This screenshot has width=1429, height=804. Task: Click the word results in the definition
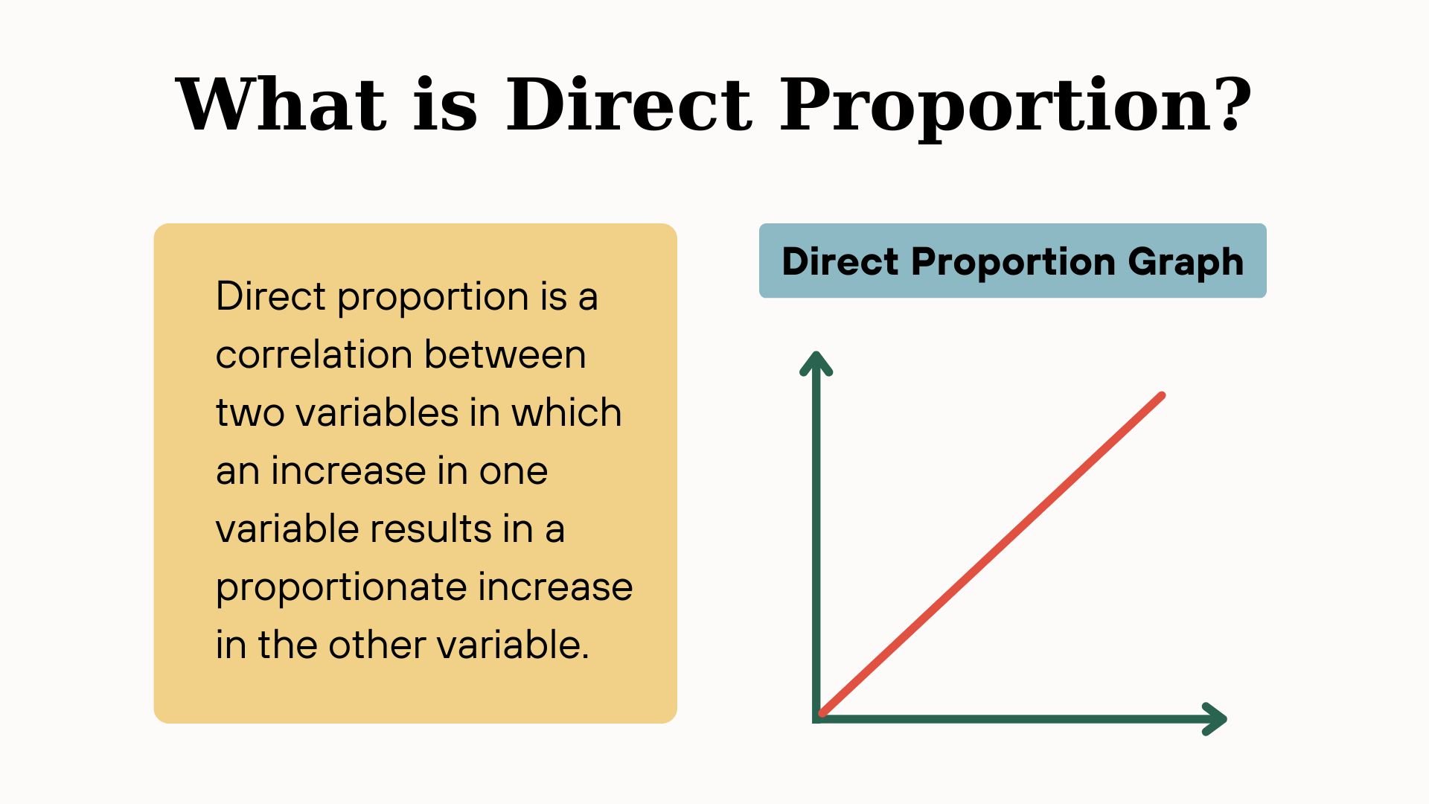click(x=431, y=529)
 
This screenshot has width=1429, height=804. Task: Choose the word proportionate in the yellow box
click(x=341, y=588)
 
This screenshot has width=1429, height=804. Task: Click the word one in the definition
click(x=514, y=472)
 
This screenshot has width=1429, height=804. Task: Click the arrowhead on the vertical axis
click(x=816, y=363)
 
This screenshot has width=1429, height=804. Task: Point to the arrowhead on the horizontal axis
click(x=1215, y=719)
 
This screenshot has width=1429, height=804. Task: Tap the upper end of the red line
click(x=1162, y=395)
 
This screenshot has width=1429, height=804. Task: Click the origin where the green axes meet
click(x=816, y=719)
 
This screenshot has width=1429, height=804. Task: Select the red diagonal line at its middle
click(x=991, y=555)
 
